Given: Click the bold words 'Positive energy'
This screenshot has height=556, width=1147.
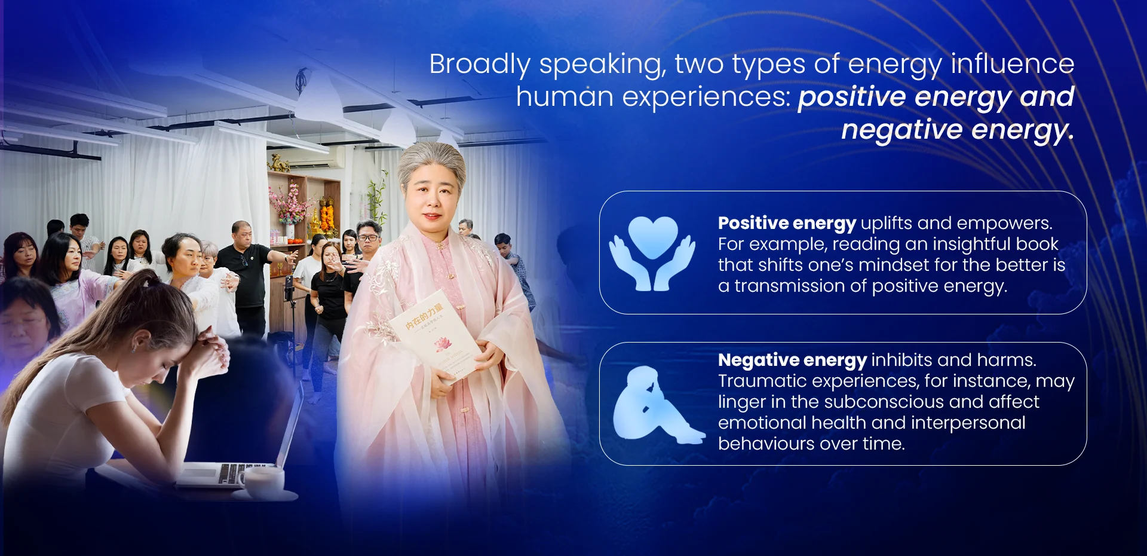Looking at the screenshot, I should (x=787, y=223).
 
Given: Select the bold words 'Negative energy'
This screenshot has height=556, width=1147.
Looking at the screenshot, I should (x=792, y=360).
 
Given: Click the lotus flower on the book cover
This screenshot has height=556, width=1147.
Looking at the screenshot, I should (x=441, y=344).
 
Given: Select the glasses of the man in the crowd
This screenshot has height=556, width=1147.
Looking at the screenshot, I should (x=368, y=238).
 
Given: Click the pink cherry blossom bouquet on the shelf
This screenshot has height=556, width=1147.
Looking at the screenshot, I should (x=290, y=206).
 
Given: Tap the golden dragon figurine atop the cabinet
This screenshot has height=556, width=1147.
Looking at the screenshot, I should (x=278, y=163).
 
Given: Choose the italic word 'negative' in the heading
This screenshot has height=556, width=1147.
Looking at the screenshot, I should (x=901, y=130).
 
